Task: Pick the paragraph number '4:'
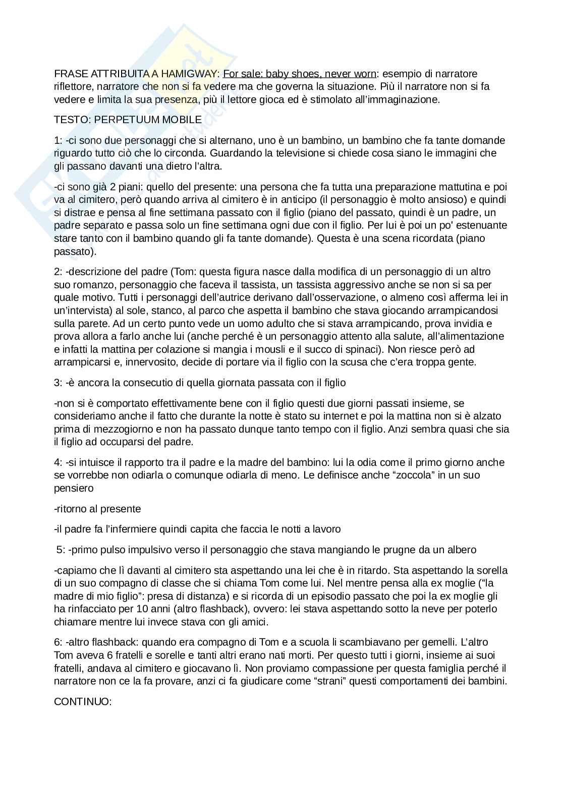tap(59, 462)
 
